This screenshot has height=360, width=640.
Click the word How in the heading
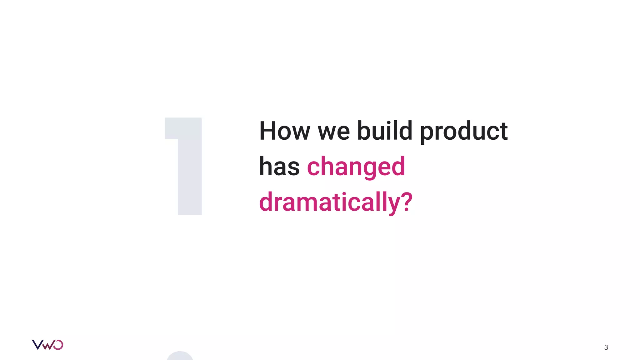click(284, 131)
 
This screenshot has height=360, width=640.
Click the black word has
click(279, 167)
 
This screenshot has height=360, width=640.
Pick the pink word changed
click(356, 167)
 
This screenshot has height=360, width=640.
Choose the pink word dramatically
click(329, 202)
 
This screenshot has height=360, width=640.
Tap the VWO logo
click(47, 345)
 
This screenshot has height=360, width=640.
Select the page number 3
click(606, 347)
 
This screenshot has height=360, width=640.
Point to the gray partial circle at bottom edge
click(180, 356)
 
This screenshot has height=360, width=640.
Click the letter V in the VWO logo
click(37, 345)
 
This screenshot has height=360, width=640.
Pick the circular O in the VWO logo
click(58, 345)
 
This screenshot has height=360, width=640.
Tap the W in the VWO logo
click(48, 345)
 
